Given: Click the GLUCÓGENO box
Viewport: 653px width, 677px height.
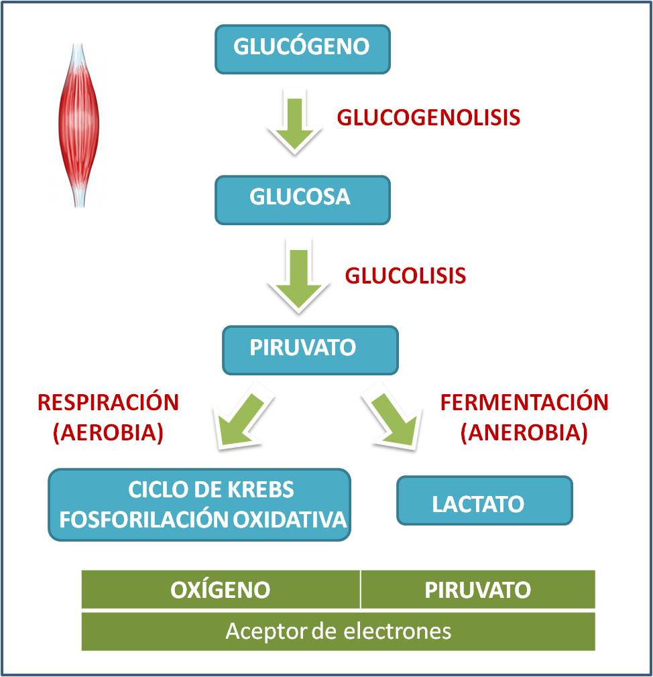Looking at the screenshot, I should [302, 48].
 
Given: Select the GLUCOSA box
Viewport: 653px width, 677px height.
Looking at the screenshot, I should [302, 199].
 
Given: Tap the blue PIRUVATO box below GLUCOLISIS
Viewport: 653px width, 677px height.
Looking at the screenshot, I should [310, 349].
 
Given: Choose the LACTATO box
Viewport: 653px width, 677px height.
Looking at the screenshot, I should [484, 500].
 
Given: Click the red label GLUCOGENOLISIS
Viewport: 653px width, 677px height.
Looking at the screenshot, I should [428, 117].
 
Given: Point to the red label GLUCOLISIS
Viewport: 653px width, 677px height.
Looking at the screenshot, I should [405, 275].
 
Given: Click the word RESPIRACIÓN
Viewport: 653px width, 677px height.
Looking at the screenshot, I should [108, 402].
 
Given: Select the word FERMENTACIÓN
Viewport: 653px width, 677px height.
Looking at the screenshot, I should [524, 402].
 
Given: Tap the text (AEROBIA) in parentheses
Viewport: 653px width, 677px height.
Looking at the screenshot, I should [108, 432].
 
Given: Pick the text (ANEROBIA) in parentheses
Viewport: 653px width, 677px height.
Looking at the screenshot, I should [524, 432].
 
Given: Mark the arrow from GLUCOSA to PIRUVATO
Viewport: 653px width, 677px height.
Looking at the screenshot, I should [298, 276].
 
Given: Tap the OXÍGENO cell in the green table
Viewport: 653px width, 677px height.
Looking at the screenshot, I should [221, 589].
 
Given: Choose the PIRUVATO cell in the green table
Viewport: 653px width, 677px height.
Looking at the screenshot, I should [477, 589].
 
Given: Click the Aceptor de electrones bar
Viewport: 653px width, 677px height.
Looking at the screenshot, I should [338, 631].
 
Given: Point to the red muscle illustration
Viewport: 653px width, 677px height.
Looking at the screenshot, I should [78, 124].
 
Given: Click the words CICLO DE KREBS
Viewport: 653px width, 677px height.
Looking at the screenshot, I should [211, 489].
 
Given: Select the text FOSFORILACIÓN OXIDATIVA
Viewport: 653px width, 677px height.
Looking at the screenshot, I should [202, 519].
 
